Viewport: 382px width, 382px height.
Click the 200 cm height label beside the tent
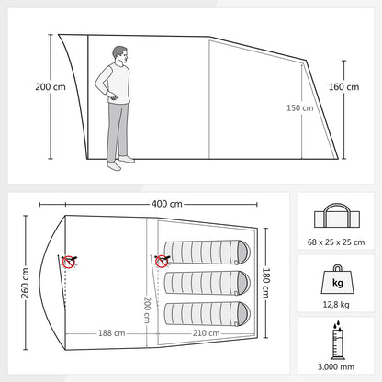(51, 87)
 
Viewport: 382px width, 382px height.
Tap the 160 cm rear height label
(343, 87)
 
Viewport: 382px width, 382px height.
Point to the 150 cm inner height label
(300, 108)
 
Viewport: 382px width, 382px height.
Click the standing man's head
(120, 55)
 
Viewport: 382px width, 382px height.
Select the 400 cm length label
(167, 204)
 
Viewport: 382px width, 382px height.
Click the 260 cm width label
(25, 283)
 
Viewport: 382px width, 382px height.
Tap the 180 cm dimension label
(265, 283)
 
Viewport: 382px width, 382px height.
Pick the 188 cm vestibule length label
(111, 333)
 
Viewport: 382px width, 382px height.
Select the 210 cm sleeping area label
(206, 333)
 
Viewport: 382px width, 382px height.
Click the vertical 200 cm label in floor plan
(147, 309)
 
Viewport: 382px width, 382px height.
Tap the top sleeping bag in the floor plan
(208, 252)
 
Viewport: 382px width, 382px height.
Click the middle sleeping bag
(208, 283)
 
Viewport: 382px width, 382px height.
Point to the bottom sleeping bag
(208, 314)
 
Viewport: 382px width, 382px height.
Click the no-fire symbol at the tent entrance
(69, 262)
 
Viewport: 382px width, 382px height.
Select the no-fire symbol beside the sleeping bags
(162, 261)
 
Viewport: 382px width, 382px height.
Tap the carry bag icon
(337, 216)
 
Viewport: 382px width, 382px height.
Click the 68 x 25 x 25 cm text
(336, 242)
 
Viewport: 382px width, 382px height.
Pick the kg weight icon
(338, 279)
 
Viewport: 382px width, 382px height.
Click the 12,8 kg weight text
(336, 305)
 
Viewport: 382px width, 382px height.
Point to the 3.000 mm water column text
(336, 366)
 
